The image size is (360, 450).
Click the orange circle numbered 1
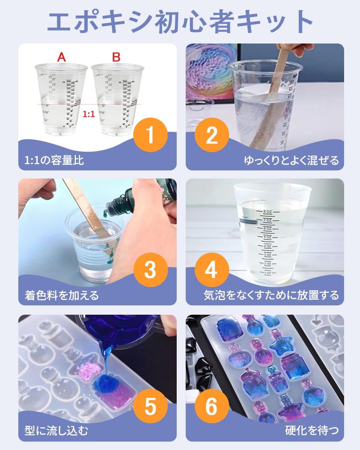tap(150, 135)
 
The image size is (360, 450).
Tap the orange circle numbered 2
tap(211, 135)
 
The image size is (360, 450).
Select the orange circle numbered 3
tap(150, 270)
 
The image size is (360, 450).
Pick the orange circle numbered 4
tap(211, 270)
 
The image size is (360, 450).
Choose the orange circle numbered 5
tap(150, 406)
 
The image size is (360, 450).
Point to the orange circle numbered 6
tap(211, 406)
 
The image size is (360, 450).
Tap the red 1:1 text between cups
tap(89, 114)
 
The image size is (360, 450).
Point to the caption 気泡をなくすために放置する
tap(271, 295)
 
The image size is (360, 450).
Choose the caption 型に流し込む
tap(56, 431)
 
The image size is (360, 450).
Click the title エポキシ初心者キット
tap(180, 21)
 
